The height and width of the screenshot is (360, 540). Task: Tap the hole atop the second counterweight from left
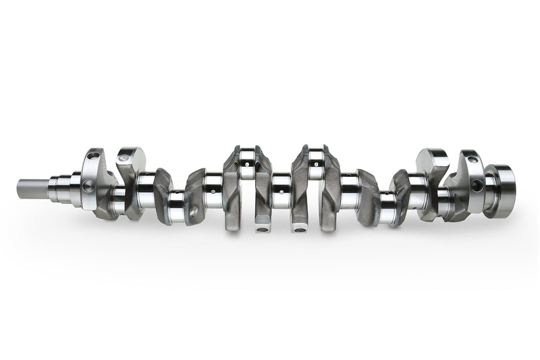tap(122, 159)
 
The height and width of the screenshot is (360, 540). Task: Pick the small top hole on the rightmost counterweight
tap(472, 159)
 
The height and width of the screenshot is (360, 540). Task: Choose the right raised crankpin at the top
tap(315, 161)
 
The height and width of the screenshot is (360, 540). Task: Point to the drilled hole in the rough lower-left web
tap(194, 211)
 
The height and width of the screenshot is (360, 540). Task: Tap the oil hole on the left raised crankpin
tap(245, 163)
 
